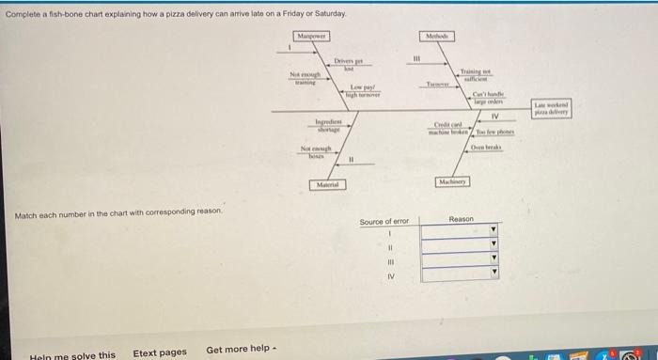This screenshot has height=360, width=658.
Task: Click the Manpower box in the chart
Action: [x=310, y=35]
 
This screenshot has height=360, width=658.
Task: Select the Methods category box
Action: [x=436, y=35]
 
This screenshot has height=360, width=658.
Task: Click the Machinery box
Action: [x=453, y=180]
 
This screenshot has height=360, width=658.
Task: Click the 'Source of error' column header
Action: [x=384, y=222]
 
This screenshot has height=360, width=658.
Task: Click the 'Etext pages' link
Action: [x=159, y=352]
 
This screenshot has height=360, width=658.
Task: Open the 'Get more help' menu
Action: [x=241, y=351]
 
